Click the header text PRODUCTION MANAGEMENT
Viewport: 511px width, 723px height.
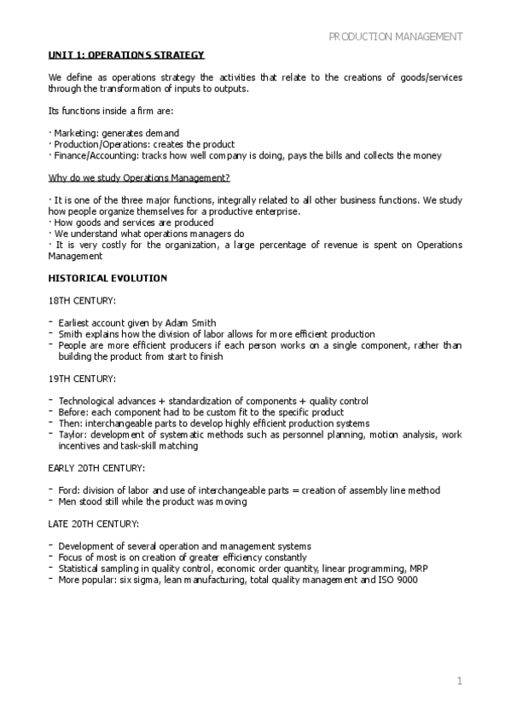[x=396, y=37]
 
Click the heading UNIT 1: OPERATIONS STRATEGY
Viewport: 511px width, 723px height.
[x=126, y=55]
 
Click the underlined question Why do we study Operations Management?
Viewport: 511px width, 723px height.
[x=138, y=178]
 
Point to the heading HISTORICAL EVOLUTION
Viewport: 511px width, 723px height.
[x=107, y=278]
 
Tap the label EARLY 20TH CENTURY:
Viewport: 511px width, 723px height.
[x=96, y=467]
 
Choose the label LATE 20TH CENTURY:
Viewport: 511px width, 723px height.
[x=92, y=523]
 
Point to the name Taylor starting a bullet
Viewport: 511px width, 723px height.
[x=72, y=435]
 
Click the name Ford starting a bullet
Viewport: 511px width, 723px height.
[x=68, y=489]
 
